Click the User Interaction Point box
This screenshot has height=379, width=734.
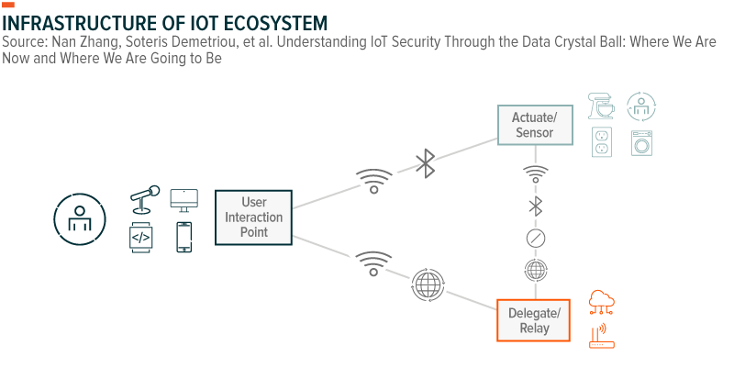[x=254, y=217]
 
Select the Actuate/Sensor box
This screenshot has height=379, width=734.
[x=535, y=125]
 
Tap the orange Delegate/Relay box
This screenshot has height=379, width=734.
[x=534, y=320]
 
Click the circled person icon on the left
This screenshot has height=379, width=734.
[x=80, y=219]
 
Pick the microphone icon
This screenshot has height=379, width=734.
[x=144, y=199]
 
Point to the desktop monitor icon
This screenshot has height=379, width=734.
[x=184, y=200]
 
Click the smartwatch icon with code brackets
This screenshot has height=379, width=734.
[x=140, y=238]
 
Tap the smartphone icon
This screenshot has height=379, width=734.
[x=184, y=237]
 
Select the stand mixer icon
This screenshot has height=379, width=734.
[x=601, y=106]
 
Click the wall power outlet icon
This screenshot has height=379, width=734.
[x=602, y=142]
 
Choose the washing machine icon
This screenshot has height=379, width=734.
[x=641, y=143]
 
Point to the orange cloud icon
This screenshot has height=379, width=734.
[x=602, y=302]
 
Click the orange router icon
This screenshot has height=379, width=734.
[x=602, y=337]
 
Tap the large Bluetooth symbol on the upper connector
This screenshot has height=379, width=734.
[x=426, y=163]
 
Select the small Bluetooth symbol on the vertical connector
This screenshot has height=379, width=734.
[x=536, y=206]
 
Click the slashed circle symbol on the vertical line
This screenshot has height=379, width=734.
[x=536, y=238]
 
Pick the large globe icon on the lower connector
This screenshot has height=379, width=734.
[x=428, y=284]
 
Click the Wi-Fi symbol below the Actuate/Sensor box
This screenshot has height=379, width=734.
[x=536, y=173]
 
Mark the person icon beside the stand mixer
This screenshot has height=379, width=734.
[x=641, y=106]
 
